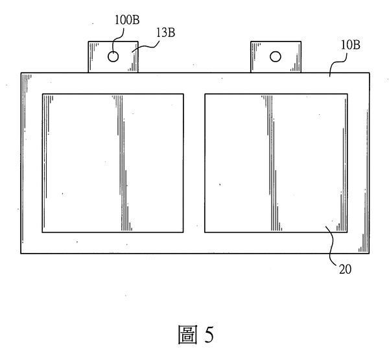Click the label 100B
[127, 20]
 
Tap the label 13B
[165, 32]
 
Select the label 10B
[350, 45]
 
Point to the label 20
[345, 269]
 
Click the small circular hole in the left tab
[113, 56]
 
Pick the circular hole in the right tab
[276, 56]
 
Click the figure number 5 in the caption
[209, 335]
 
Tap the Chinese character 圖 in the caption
[188, 335]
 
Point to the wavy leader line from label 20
[331, 246]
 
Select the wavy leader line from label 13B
[147, 46]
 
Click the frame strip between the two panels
[194, 163]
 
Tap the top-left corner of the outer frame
[21, 73]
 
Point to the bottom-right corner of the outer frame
[369, 254]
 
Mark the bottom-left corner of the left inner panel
[42, 233]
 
